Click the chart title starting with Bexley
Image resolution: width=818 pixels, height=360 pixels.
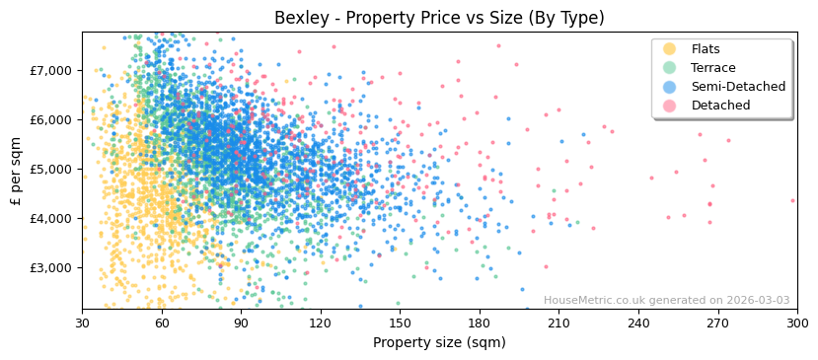point(439,18)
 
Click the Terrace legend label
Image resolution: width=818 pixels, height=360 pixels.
point(713,68)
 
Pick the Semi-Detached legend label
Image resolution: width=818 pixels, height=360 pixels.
point(738,87)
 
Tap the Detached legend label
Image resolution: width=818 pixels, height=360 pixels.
point(720,106)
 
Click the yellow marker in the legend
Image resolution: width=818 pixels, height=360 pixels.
point(670,49)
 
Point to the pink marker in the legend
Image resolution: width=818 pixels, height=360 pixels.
point(670,106)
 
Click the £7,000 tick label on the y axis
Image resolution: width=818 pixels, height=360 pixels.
point(51,70)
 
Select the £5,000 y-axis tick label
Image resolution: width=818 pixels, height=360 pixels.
point(51,169)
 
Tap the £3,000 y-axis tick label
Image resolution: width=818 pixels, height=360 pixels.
point(51,267)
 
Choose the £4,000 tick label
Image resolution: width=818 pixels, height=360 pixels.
point(51,218)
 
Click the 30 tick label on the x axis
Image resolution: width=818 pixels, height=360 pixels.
point(82,323)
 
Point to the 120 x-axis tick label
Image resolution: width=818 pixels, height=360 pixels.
point(321,323)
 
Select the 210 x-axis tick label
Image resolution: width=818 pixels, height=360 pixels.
point(558,323)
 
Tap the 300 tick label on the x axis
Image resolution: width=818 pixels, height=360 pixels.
point(796,323)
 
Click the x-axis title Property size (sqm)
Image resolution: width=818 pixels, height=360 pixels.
point(439,342)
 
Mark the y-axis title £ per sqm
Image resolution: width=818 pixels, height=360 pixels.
point(17,170)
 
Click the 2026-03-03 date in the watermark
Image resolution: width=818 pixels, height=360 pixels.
point(758,301)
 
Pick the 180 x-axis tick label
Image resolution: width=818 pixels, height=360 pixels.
point(480,323)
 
